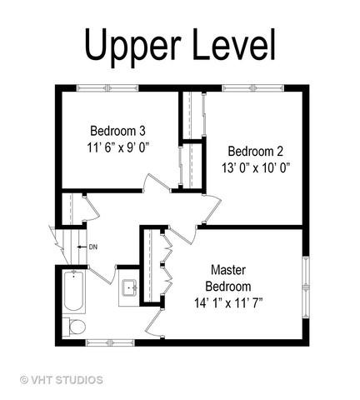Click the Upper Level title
[x=180, y=46]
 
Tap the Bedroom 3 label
[x=117, y=131]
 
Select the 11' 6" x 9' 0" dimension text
[x=118, y=147]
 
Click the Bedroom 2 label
[x=256, y=152]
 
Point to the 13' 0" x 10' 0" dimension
[x=256, y=167]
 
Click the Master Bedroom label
[x=228, y=278]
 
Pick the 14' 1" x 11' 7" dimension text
[x=228, y=302]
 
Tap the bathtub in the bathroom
[x=73, y=291]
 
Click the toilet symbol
[x=74, y=327]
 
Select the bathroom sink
[x=129, y=287]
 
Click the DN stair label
[x=93, y=247]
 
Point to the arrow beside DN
[x=82, y=247]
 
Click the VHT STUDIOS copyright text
[x=62, y=380]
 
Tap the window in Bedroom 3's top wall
[x=107, y=88]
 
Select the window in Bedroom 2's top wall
[x=253, y=88]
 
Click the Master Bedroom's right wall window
[x=306, y=287]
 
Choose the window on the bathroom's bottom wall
[x=110, y=342]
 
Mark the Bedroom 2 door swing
[x=212, y=208]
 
